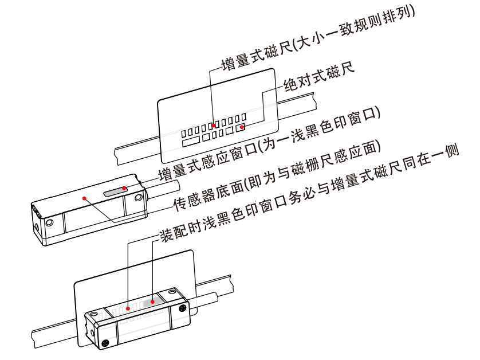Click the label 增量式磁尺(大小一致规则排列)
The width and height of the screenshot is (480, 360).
pyautogui.click(x=318, y=39)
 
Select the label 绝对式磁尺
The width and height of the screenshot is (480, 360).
pyautogui.click(x=319, y=77)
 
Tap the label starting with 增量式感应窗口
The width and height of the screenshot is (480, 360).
pyautogui.click(x=269, y=144)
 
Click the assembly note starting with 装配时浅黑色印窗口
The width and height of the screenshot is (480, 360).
pyautogui.click(x=309, y=193)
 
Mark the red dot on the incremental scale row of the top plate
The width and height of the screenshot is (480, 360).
pyautogui.click(x=214, y=126)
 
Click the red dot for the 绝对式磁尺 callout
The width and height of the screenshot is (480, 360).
pyautogui.click(x=242, y=127)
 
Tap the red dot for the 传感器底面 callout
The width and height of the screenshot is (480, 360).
pyautogui.click(x=84, y=198)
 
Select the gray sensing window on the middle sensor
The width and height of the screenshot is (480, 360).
pyautogui.click(x=116, y=191)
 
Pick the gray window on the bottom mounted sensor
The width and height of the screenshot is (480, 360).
pyautogui.click(x=153, y=302)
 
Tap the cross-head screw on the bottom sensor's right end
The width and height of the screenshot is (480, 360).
pyautogui.click(x=183, y=308)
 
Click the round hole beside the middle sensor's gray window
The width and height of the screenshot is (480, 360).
pyautogui.click(x=139, y=198)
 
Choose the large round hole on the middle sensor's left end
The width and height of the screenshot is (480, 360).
pyautogui.click(x=49, y=222)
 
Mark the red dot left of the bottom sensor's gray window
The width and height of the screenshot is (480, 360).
pyautogui.click(x=128, y=308)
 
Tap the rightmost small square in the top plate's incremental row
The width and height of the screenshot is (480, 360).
pyautogui.click(x=243, y=116)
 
